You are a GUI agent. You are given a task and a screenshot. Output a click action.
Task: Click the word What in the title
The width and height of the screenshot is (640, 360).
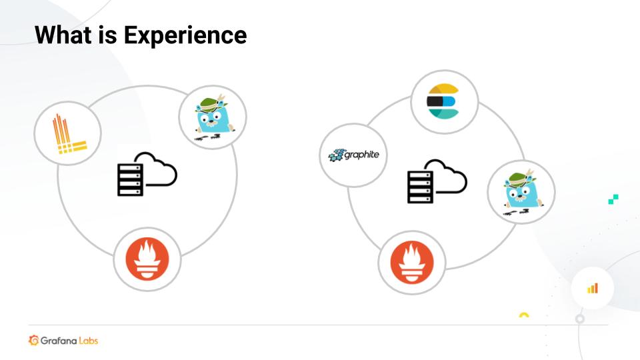tap(63, 35)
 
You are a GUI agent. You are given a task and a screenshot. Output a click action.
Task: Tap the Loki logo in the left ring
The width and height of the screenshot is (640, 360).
tap(69, 134)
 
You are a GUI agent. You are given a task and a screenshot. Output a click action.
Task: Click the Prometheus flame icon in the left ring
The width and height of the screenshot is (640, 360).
tap(147, 259)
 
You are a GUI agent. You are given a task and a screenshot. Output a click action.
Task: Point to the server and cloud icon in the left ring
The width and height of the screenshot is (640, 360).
tap(147, 174)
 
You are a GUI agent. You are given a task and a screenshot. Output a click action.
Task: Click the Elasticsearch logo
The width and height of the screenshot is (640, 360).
tap(443, 101)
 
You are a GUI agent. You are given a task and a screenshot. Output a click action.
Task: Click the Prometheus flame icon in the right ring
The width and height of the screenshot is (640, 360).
tap(412, 263)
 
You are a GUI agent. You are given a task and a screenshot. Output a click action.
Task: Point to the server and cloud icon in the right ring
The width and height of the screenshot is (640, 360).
tap(437, 181)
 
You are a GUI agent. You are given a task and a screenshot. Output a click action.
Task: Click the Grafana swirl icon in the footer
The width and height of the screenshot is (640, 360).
tap(33, 340)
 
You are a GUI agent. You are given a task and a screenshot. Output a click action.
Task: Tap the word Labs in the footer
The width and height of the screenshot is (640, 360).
tap(89, 341)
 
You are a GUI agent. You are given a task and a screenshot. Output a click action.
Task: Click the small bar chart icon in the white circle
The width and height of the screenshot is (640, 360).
tap(593, 289)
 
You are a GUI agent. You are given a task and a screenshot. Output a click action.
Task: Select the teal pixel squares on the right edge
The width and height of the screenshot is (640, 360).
tap(613, 199)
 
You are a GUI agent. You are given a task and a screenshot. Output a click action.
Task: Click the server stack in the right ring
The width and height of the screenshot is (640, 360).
tap(420, 187)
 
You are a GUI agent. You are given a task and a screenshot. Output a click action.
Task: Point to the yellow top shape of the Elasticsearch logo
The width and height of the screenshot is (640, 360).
tap(444, 89)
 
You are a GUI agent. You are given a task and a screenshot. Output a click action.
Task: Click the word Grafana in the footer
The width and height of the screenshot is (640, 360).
tap(59, 341)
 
